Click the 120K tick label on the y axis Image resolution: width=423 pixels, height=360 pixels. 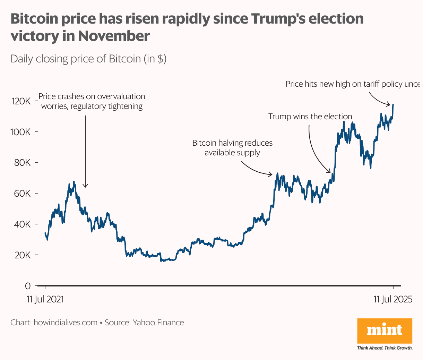click(21, 101)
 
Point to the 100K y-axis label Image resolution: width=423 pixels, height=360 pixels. click(21, 132)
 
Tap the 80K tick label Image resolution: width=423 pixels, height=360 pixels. click(23, 163)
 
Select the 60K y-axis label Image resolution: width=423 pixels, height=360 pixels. click(23, 193)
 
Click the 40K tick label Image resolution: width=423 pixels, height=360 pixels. click(23, 224)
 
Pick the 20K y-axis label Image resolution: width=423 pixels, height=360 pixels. click(23, 255)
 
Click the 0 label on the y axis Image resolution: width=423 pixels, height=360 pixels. click(28, 286)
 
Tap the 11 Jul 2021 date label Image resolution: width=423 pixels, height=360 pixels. click(45, 299)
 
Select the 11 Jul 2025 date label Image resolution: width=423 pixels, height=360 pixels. click(393, 299)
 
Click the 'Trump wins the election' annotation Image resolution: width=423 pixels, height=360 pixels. click(310, 117)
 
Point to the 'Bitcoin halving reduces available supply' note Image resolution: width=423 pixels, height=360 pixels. click(232, 148)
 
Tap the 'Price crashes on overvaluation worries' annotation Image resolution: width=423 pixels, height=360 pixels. click(92, 101)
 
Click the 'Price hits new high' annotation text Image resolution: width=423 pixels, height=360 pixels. click(352, 84)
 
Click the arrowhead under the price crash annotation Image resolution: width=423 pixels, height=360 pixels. click(85, 186)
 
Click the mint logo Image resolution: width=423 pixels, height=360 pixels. click(385, 331)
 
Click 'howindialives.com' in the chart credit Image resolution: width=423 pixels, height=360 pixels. click(66, 323)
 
